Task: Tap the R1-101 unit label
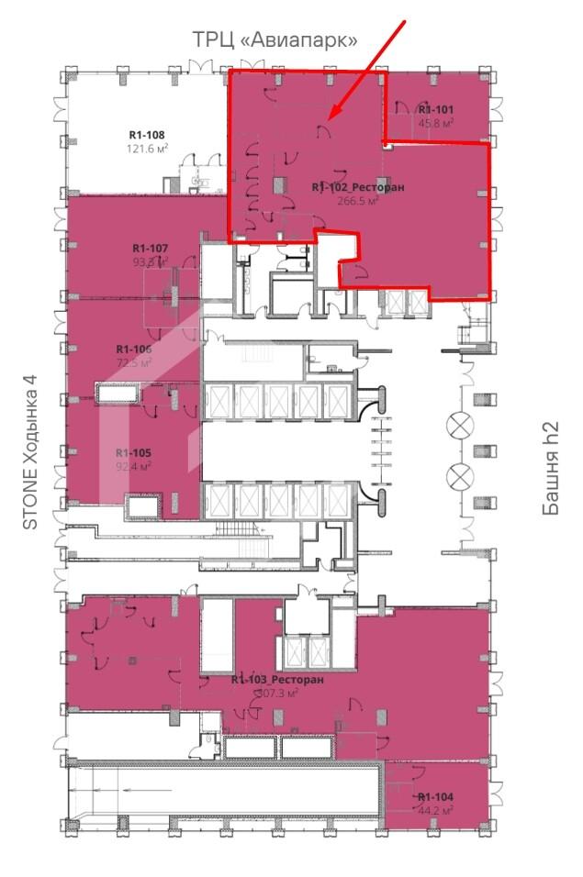436,109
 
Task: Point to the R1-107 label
150,248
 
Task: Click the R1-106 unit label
134,349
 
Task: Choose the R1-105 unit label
133,453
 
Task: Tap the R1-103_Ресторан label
277,680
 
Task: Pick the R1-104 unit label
435,797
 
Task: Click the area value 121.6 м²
147,148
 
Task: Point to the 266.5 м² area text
358,201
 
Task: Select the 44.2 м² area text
435,811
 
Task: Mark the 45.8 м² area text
437,122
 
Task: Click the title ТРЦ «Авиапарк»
274,39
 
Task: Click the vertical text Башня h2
551,469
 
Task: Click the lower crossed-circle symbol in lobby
457,477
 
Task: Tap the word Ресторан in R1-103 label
297,680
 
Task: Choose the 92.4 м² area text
133,466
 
